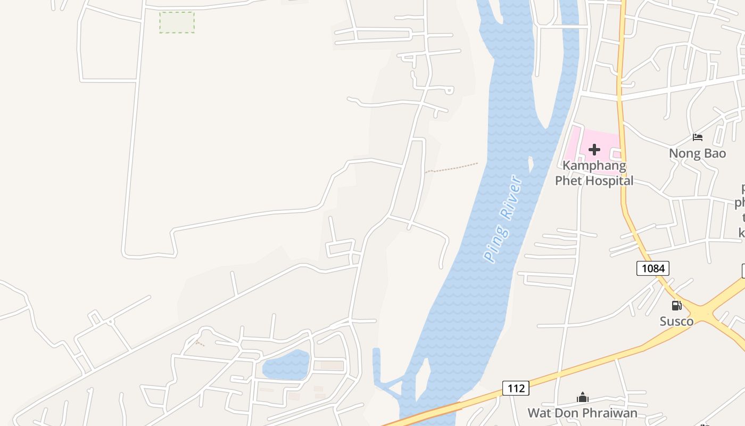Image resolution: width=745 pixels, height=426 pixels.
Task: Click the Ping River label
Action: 503,218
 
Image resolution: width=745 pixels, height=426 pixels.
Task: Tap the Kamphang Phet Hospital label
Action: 594,173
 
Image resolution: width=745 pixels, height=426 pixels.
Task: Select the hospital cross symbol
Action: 594,150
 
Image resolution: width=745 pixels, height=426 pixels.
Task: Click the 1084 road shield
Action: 652,268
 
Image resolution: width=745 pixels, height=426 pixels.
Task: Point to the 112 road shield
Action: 516,388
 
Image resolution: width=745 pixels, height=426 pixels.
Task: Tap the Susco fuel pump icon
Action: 676,306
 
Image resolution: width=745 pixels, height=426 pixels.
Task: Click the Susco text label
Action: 676,321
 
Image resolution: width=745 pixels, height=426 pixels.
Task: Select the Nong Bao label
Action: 697,153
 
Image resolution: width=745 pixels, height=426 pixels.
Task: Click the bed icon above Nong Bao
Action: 697,137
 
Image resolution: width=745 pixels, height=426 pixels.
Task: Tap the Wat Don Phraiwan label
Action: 582,413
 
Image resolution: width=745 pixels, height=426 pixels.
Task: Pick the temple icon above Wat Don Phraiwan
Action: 582,397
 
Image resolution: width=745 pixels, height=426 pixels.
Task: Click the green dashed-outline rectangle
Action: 177,22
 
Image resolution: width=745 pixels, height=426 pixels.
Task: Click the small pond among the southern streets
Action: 286,365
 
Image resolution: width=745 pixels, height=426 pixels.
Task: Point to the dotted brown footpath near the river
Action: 452,167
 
